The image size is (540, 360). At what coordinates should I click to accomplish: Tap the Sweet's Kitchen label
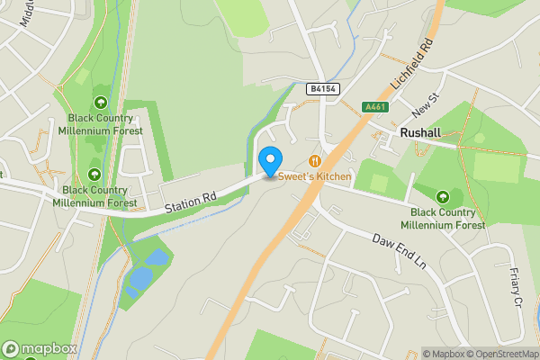point(314,176)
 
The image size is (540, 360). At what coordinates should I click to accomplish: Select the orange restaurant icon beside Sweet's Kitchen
point(314,160)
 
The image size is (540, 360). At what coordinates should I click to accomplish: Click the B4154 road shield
point(321,89)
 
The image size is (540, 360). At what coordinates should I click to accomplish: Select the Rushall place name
point(418,132)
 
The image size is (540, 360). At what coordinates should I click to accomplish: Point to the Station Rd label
point(191,202)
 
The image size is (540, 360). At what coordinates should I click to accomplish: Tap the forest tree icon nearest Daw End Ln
point(442,196)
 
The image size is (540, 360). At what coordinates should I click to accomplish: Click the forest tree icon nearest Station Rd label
point(95,175)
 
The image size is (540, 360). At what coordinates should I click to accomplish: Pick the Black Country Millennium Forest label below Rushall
point(443,218)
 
